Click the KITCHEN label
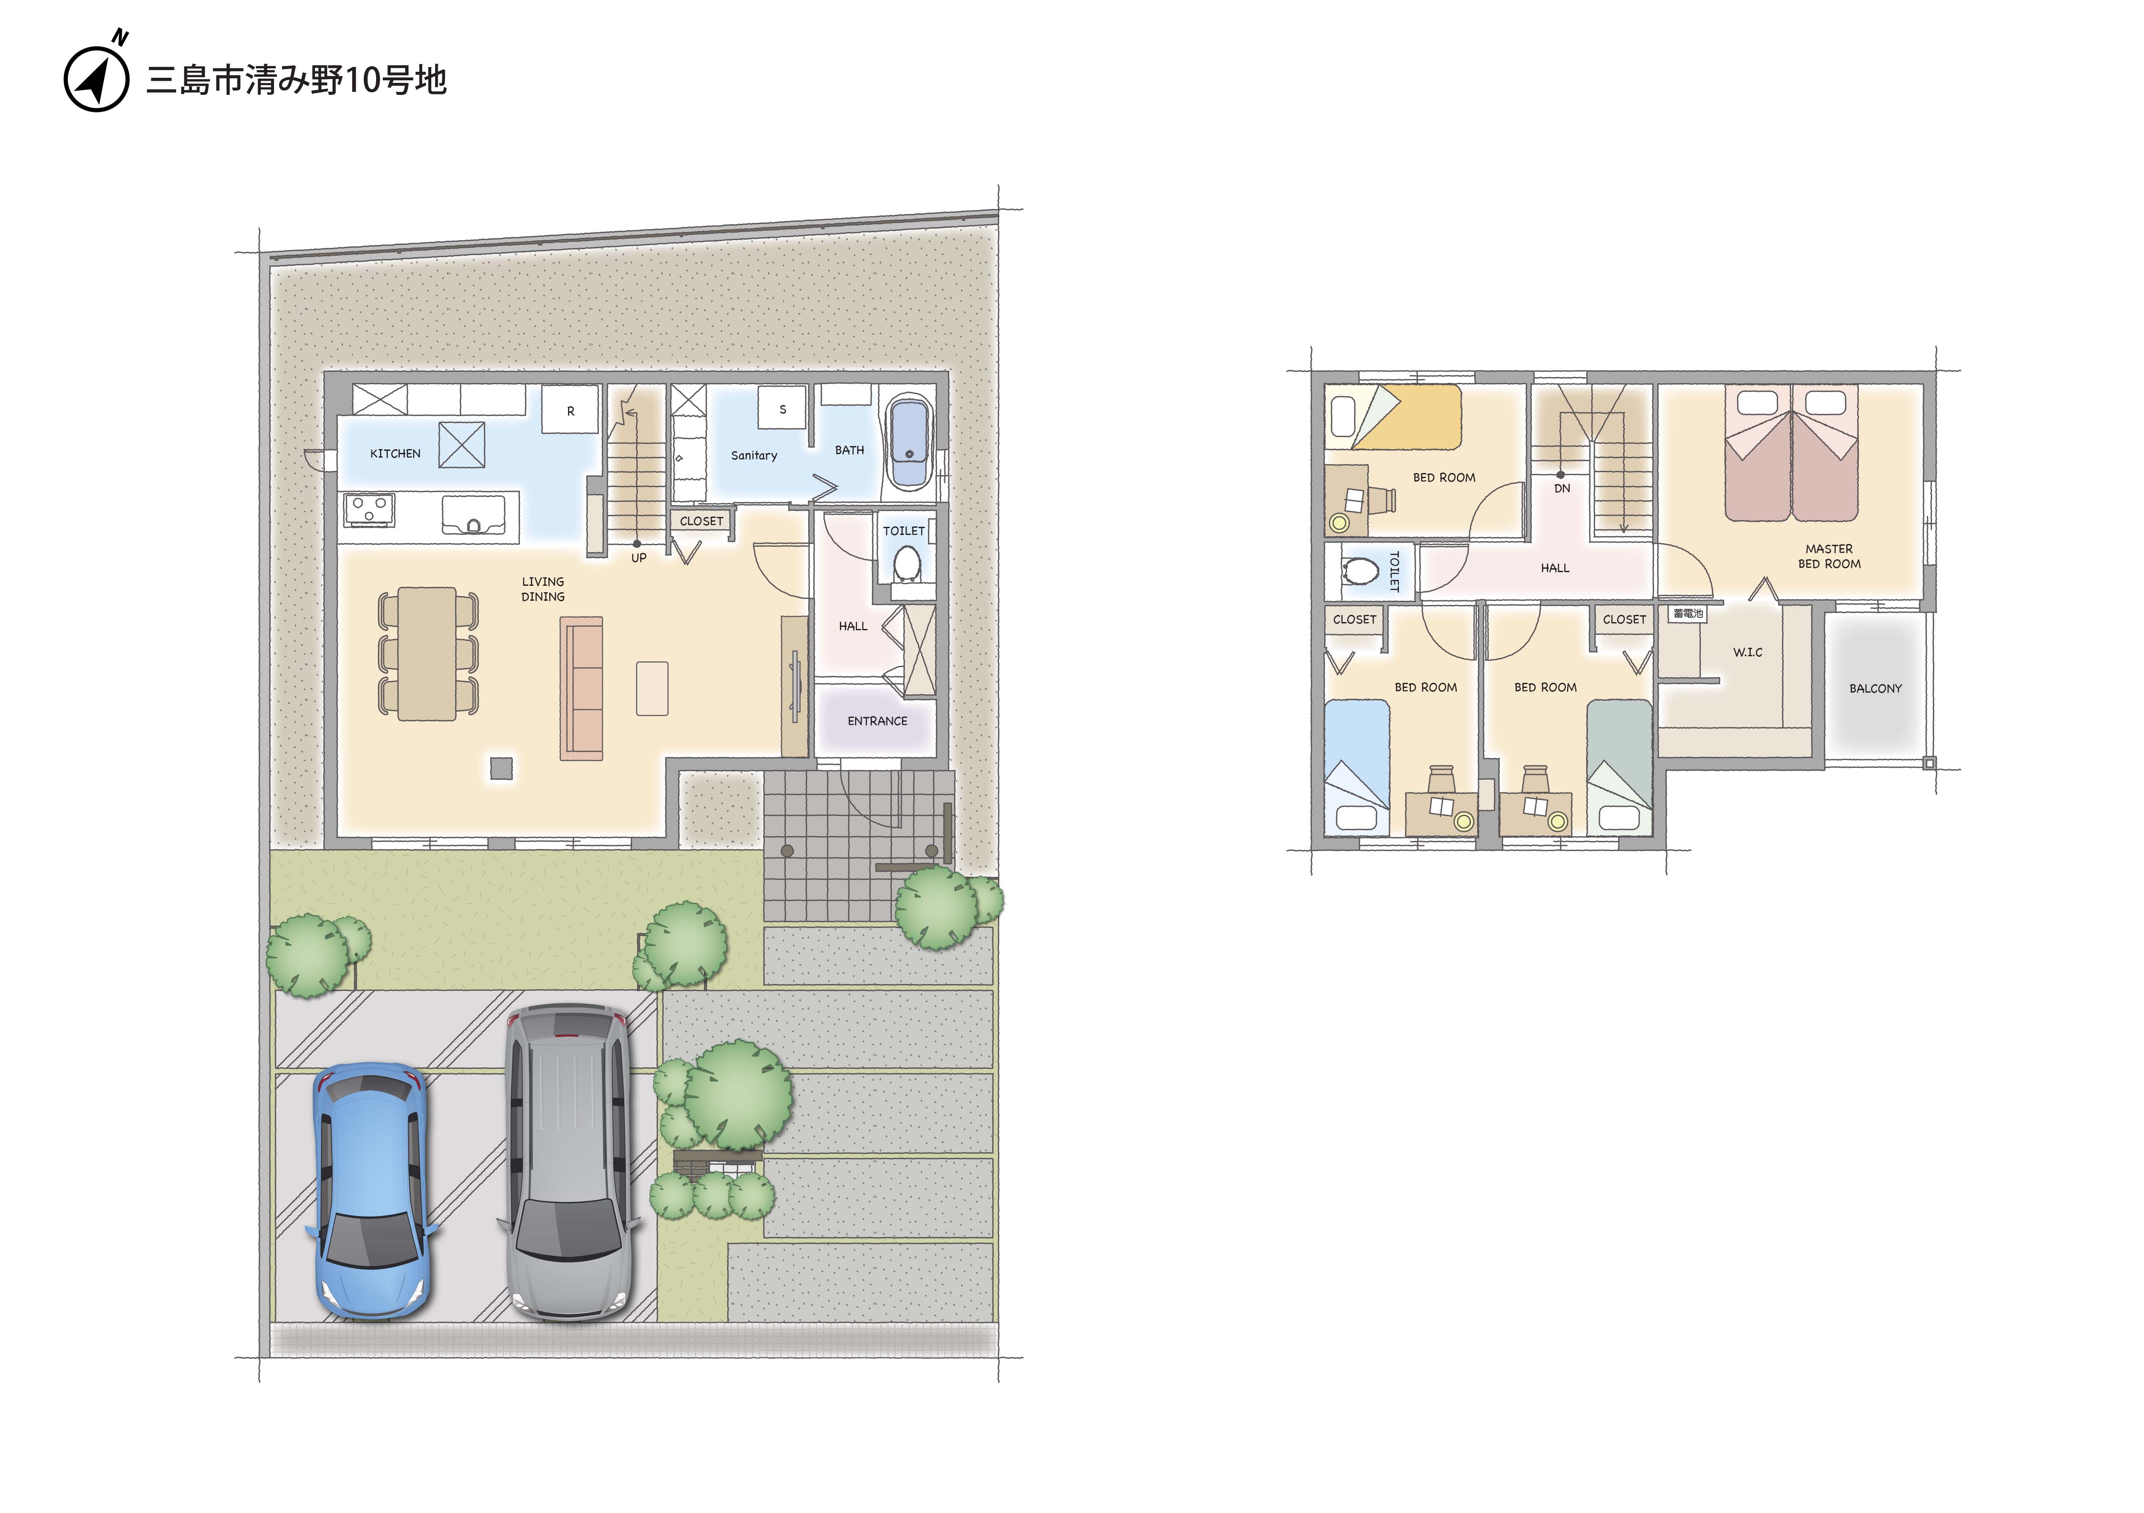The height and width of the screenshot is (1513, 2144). coord(395,454)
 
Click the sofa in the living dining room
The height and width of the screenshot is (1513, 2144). coord(581,688)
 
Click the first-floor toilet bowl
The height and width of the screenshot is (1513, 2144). coord(907,563)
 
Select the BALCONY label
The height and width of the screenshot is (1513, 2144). coord(1875,688)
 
